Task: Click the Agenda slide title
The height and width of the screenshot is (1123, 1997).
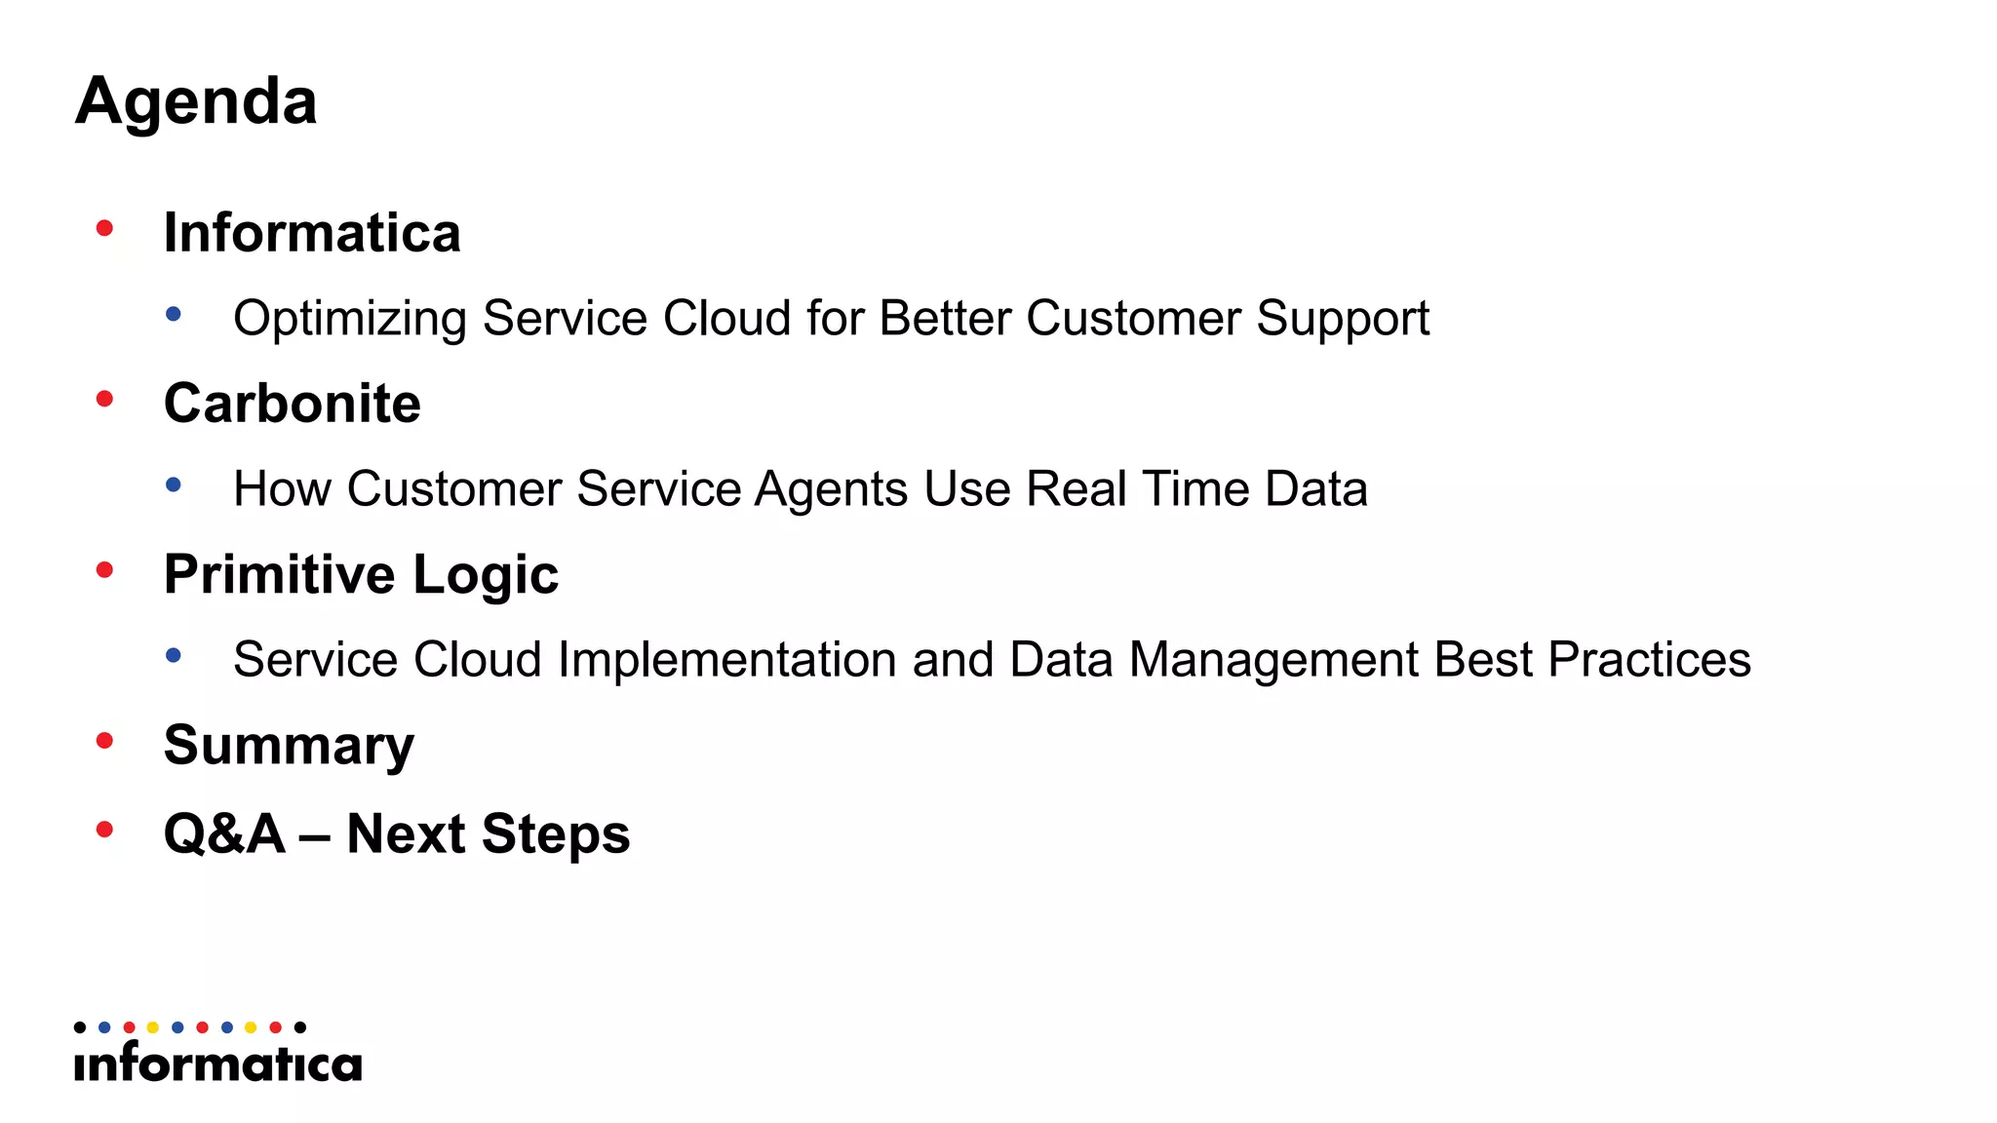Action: [196, 101]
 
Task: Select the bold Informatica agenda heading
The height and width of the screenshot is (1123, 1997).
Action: [312, 233]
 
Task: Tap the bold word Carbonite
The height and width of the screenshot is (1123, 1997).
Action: [293, 403]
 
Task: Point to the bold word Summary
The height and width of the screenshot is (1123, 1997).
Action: [289, 746]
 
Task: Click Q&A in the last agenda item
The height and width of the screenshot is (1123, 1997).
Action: [224, 834]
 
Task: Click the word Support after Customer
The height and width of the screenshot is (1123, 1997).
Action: [1343, 319]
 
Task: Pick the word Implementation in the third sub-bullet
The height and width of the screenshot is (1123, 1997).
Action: [726, 660]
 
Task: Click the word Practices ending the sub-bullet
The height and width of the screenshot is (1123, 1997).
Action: [1649, 660]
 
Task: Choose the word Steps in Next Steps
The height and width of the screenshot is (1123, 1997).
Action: [555, 834]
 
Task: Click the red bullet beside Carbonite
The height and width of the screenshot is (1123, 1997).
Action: [105, 399]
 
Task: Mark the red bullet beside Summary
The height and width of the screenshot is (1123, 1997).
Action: [105, 741]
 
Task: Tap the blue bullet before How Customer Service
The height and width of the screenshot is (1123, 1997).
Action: [174, 484]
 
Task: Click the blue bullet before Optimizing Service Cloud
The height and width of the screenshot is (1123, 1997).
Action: [174, 314]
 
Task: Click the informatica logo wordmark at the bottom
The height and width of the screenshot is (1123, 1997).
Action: [217, 1064]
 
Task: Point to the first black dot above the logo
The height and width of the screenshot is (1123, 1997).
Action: [80, 1027]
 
